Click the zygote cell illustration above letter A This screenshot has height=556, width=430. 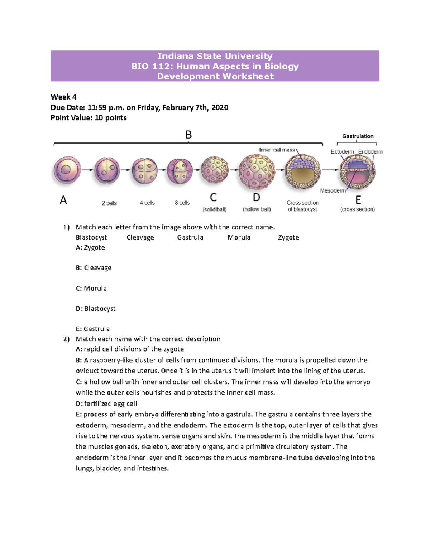(67, 170)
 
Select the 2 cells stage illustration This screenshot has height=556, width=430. (107, 170)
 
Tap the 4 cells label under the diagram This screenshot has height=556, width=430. (147, 203)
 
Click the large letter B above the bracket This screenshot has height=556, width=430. (188, 135)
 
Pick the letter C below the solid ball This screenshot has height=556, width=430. (214, 198)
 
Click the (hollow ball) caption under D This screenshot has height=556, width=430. (257, 209)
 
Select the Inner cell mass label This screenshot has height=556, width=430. (277, 150)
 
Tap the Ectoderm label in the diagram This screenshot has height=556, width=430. (342, 152)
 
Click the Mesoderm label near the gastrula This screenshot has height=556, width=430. (333, 190)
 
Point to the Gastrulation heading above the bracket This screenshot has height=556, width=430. (358, 136)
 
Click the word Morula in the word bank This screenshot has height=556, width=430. (239, 237)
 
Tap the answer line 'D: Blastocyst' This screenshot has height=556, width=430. (96, 309)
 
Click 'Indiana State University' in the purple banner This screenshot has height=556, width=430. (215, 56)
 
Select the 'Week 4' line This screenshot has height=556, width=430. (63, 97)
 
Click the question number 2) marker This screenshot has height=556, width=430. (66, 339)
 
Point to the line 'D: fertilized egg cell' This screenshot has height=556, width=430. (106, 403)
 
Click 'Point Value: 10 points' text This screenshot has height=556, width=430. (89, 118)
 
